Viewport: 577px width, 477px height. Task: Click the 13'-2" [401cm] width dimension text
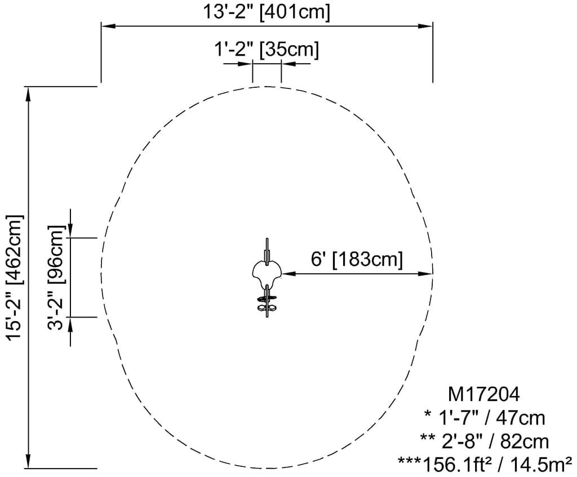tap(267, 12)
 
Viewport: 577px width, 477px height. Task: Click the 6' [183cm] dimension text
tap(357, 260)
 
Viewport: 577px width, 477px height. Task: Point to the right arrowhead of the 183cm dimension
tap(425, 274)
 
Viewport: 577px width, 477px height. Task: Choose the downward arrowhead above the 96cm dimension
tap(70, 230)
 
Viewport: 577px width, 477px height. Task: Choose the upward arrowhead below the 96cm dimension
tap(70, 324)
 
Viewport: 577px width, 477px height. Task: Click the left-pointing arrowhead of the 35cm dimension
tap(288, 64)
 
